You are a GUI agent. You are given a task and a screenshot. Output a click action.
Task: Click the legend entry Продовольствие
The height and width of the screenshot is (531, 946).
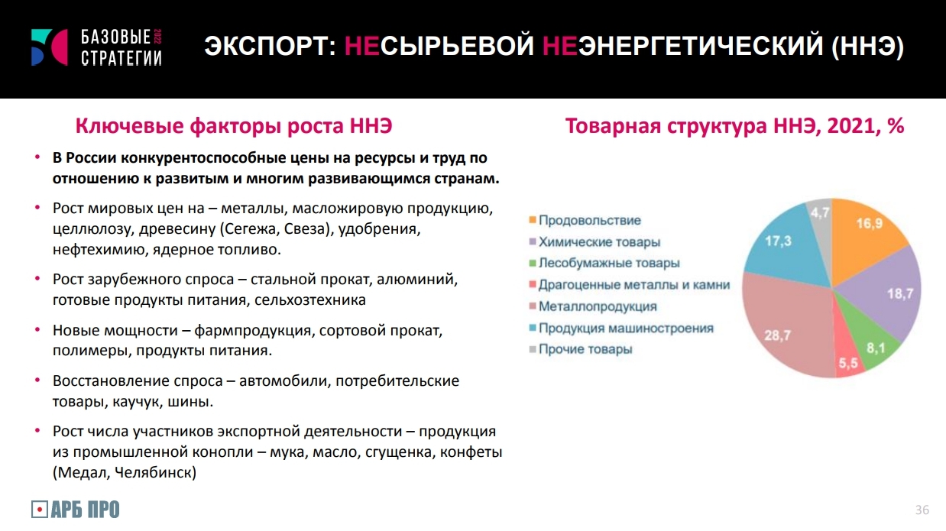point(585,220)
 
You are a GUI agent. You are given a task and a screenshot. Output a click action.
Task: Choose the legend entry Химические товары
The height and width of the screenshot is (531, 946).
point(594,242)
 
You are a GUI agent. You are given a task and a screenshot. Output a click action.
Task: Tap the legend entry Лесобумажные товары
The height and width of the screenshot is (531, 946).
point(604,263)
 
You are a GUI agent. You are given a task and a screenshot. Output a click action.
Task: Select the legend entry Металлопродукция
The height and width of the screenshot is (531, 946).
point(593,306)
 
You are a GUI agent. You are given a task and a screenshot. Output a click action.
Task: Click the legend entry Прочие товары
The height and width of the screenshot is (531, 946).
point(581,349)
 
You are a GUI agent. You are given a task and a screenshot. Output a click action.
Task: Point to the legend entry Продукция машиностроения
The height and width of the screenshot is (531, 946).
point(621,328)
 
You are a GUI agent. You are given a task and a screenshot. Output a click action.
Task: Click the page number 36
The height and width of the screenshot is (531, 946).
point(922,510)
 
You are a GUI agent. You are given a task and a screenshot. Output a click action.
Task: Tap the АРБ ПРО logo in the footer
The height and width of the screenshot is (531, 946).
point(75,510)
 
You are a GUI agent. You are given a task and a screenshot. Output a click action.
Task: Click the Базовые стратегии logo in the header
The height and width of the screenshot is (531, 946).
point(96,47)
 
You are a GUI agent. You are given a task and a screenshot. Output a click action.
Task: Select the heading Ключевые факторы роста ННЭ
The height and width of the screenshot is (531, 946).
point(234,126)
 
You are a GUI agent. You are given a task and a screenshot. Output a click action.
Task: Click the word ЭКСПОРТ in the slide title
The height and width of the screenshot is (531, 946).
point(271,46)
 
